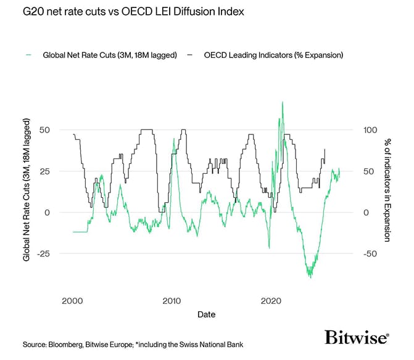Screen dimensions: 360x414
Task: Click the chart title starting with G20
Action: (x=115, y=12)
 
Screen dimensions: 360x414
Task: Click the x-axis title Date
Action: (x=207, y=314)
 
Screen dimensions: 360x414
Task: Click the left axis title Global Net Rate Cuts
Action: (x=27, y=191)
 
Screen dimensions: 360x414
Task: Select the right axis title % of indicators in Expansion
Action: (x=386, y=191)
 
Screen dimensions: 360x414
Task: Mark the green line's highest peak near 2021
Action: (x=282, y=102)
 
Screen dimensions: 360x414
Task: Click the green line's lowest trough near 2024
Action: (x=310, y=277)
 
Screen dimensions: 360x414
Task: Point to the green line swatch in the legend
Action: (x=29, y=55)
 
